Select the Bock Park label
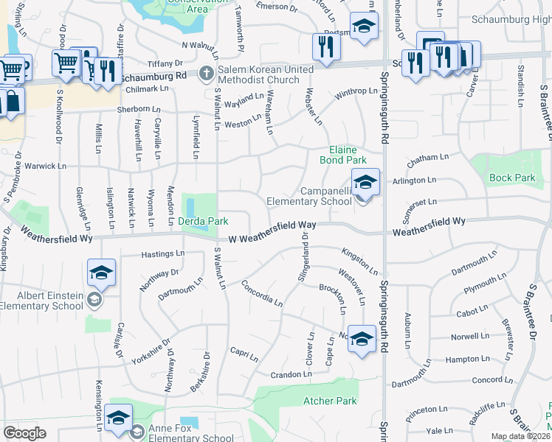[512, 178]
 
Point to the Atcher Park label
[330, 401]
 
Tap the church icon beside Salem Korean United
[207, 74]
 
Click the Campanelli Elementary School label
[308, 196]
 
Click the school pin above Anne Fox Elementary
[119, 418]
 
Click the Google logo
[24, 432]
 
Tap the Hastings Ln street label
[163, 253]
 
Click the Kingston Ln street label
[359, 261]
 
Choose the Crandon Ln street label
[291, 375]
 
